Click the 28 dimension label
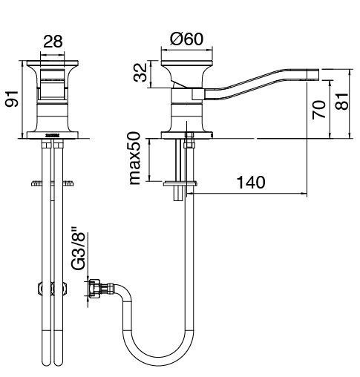(x=53, y=42)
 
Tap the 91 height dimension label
(x=13, y=99)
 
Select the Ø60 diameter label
(x=187, y=39)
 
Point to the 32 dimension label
(x=140, y=73)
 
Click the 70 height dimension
(x=319, y=110)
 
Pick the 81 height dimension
(x=341, y=102)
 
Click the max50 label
(x=135, y=159)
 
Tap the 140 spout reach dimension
(x=251, y=183)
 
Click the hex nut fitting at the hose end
(x=95, y=288)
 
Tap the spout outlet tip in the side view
(x=313, y=75)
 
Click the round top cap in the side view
(x=187, y=63)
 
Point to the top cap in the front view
(x=53, y=63)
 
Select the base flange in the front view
(x=53, y=135)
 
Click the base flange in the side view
(x=187, y=135)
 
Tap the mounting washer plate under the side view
(x=180, y=183)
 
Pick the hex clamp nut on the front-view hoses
(x=53, y=289)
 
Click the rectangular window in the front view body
(x=53, y=85)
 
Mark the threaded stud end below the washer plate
(x=178, y=193)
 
